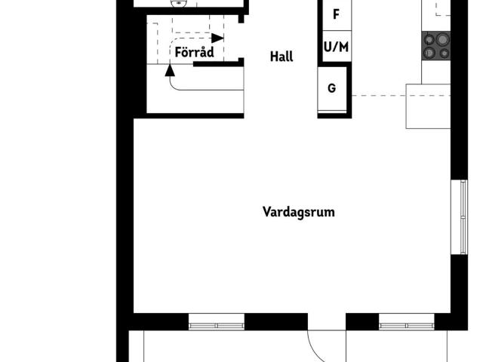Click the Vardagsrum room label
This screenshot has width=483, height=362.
pyautogui.click(x=298, y=212)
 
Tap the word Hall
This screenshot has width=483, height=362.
pyautogui.click(x=281, y=57)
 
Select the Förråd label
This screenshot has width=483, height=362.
pyautogui.click(x=195, y=53)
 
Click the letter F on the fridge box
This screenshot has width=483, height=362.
pyautogui.click(x=336, y=14)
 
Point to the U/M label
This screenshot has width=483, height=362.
pyautogui.click(x=336, y=47)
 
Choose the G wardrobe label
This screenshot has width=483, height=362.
pyautogui.click(x=332, y=87)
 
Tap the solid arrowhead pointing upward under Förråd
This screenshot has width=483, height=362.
pyautogui.click(x=169, y=70)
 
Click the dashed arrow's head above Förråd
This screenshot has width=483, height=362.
pyautogui.click(x=218, y=38)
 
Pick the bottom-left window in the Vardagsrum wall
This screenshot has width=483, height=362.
pyautogui.click(x=217, y=325)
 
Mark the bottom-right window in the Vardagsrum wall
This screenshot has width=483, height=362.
pyautogui.click(x=408, y=325)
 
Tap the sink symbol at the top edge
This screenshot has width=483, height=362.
pyautogui.click(x=179, y=3)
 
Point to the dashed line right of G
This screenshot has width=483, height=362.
pyautogui.click(x=377, y=96)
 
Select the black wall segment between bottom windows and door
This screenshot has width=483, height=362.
pyautogui.click(x=276, y=322)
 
